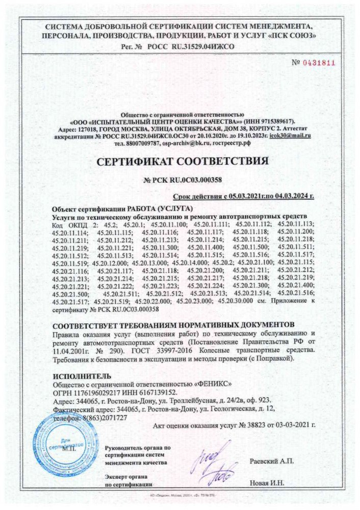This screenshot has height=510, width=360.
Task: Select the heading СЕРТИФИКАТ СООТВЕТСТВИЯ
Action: pos(179,162)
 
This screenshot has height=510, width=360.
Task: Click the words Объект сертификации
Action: pos(85,209)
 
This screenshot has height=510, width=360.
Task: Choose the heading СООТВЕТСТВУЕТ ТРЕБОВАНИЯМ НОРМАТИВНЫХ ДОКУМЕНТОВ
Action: pos(174,325)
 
